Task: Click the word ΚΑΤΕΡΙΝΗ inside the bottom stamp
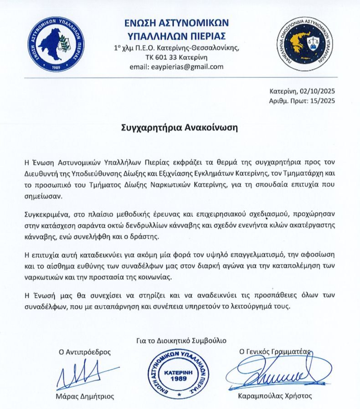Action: point(180,371)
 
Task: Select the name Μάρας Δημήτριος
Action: point(85,396)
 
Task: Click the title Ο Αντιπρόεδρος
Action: point(84,352)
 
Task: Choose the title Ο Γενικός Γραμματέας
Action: point(275,352)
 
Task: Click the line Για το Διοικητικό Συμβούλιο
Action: point(180,340)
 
